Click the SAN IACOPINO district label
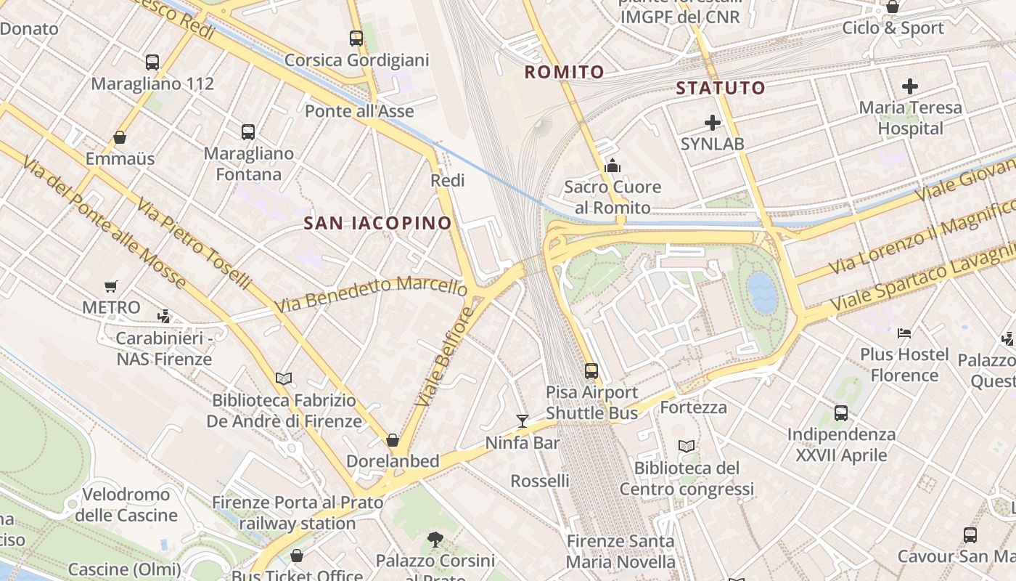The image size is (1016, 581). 377,223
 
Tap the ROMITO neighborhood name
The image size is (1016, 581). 564,72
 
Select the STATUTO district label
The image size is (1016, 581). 721,89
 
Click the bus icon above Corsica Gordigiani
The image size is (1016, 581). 356,38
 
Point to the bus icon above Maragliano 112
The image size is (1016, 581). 152,62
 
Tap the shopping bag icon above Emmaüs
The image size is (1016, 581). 120,137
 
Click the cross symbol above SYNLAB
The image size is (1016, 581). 713,123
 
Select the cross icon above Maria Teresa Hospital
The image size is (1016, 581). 910,86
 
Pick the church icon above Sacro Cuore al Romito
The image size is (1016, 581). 613,166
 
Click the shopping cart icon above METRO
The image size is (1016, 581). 110,286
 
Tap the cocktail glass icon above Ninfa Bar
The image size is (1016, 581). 522,420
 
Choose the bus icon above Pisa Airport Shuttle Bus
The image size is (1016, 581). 591,371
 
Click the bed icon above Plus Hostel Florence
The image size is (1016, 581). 904,333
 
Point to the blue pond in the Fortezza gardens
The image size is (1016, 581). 762,292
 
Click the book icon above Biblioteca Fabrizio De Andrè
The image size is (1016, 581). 283,378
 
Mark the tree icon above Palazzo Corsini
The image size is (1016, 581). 435,539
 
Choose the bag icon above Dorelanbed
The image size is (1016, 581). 393,440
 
